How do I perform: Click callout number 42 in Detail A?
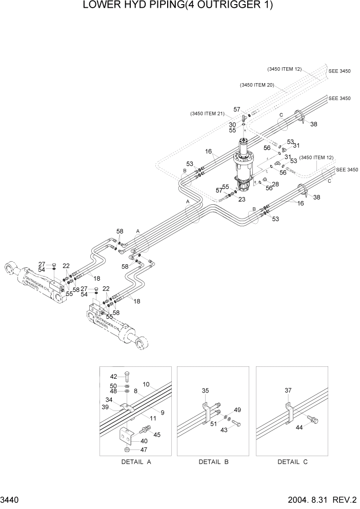[x=113, y=376]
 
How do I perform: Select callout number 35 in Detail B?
[x=206, y=390]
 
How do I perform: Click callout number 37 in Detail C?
[x=288, y=390]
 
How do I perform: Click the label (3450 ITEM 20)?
[x=256, y=85]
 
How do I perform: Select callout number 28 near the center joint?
[x=275, y=184]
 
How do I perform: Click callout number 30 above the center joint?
[x=232, y=124]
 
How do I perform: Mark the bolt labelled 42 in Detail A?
[x=127, y=377]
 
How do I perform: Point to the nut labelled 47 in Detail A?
[x=127, y=449]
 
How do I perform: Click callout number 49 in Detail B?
[x=237, y=409]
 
